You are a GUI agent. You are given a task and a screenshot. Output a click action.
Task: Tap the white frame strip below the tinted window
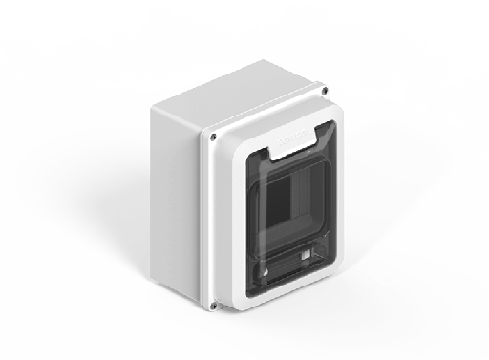[x=287, y=296]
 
